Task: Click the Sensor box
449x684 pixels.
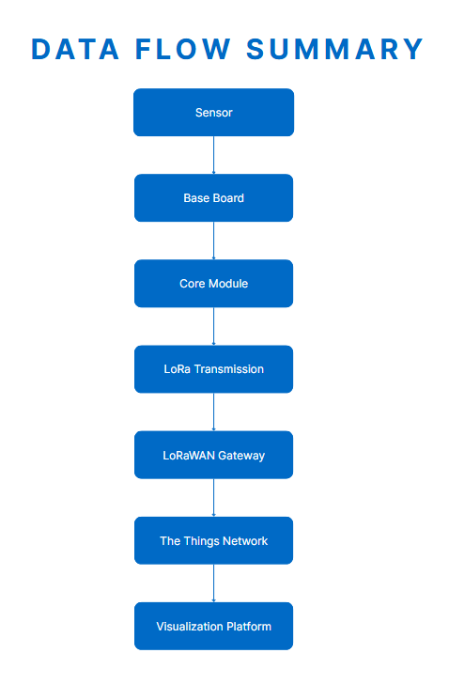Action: tap(213, 113)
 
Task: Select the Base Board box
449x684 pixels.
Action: tap(213, 198)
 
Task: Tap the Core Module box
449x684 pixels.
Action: tap(213, 284)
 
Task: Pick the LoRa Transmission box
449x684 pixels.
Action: tap(213, 369)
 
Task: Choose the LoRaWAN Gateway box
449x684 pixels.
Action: tap(213, 455)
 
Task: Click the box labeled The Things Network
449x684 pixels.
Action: tap(213, 540)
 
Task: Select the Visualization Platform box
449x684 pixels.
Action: tap(213, 626)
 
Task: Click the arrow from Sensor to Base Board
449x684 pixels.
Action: tap(213, 155)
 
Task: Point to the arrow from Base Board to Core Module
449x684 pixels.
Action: tap(213, 241)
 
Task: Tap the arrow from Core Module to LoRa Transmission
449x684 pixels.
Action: tap(213, 326)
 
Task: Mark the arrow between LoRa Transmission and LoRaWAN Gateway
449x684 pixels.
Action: tap(213, 412)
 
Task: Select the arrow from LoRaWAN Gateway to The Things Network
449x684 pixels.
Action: tap(213, 498)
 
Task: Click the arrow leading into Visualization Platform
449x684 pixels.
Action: tap(213, 583)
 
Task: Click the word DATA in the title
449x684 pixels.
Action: tap(75, 49)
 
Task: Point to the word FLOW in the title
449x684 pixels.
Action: tap(182, 49)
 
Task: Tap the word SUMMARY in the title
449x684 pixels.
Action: tap(334, 49)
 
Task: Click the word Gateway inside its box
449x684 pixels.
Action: tap(241, 456)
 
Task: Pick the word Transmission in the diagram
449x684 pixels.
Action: tap(229, 369)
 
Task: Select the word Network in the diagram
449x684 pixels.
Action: tap(245, 541)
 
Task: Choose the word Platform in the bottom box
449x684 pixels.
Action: tap(249, 627)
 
